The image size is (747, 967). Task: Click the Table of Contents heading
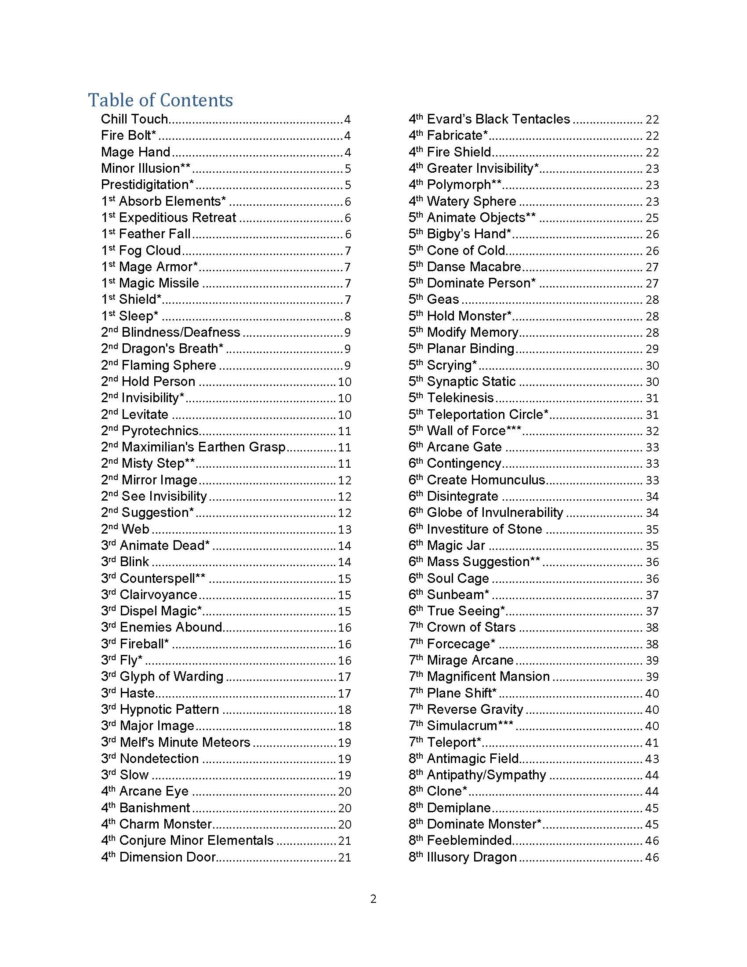click(160, 100)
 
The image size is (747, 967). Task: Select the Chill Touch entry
click(134, 119)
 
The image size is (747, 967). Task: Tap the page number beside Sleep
click(348, 316)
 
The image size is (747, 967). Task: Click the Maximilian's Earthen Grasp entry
click(203, 447)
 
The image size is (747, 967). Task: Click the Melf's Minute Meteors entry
click(185, 742)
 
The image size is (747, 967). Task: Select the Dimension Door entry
click(167, 857)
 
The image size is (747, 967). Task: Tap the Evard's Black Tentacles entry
click(498, 119)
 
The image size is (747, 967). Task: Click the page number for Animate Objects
click(652, 218)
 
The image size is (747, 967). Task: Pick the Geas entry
click(442, 299)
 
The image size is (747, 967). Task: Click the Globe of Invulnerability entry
click(495, 513)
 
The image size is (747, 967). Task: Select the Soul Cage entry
click(457, 578)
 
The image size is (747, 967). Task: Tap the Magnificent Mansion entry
click(488, 676)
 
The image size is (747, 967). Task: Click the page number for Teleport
click(652, 742)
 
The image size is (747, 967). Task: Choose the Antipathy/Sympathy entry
click(486, 775)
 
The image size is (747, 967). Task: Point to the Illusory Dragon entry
click(472, 857)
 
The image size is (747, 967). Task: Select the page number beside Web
click(344, 529)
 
